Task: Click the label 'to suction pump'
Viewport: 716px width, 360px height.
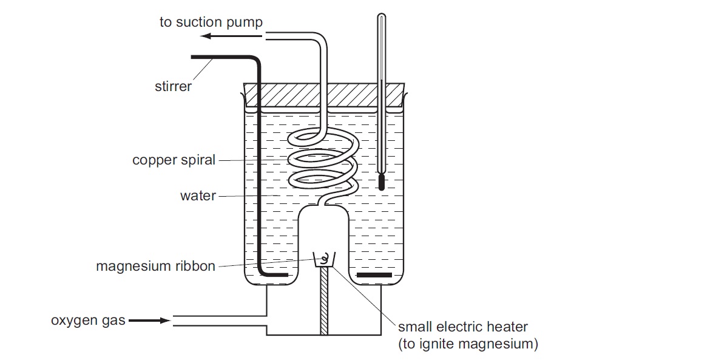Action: click(211, 22)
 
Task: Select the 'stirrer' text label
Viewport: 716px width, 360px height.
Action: click(173, 86)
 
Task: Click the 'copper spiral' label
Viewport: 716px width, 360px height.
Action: click(174, 160)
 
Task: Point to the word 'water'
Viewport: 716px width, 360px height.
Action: click(198, 196)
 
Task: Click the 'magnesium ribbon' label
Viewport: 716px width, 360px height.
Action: click(155, 266)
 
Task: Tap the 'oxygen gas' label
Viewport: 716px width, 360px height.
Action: click(88, 320)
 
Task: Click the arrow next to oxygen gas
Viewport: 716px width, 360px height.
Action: click(149, 320)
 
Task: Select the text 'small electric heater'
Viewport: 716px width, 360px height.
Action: click(463, 327)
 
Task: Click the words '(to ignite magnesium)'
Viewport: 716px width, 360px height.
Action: click(468, 344)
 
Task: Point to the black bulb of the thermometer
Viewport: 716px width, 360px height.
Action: click(382, 182)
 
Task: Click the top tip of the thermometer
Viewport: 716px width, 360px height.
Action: click(380, 15)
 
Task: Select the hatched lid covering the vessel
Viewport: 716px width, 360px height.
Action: click(324, 94)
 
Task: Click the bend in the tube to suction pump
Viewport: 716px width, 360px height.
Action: click(320, 42)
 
